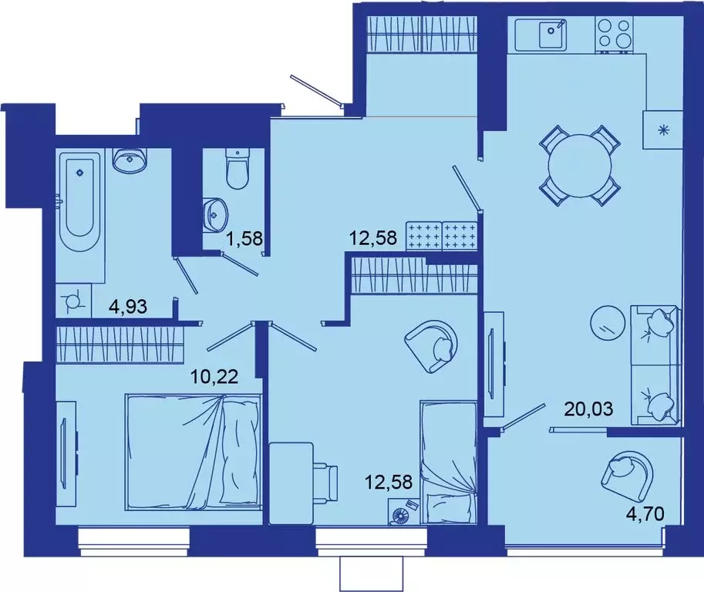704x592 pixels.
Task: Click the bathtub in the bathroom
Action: coord(82,197)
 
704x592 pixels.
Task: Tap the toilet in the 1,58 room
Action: coord(237,169)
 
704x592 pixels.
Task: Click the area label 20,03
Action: coord(589,409)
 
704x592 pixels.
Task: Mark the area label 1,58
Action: coord(244,240)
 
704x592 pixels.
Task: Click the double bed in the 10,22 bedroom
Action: coord(194,451)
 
